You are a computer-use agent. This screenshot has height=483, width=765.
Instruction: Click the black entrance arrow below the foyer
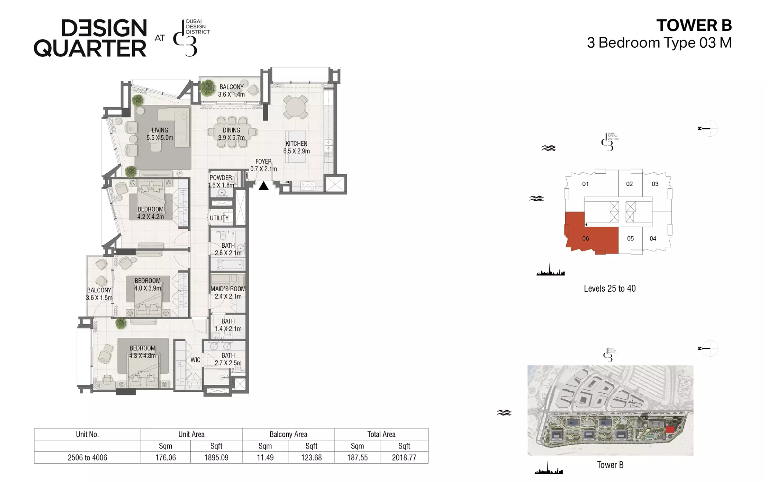tap(263, 186)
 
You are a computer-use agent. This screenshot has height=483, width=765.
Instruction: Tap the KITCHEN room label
tap(296, 144)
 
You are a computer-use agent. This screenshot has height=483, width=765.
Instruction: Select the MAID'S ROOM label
tap(228, 289)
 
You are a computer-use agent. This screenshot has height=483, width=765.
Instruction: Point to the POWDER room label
tap(221, 178)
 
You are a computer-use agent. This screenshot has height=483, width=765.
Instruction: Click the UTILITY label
tap(219, 218)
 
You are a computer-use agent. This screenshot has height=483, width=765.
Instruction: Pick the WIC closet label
tap(195, 360)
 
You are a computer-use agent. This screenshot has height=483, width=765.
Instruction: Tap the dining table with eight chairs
tap(232, 132)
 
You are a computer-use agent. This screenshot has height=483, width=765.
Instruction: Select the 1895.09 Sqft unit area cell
tap(216, 457)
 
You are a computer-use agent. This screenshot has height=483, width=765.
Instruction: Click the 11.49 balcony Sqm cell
tap(265, 457)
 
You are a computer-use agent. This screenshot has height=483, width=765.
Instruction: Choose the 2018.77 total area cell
tap(404, 457)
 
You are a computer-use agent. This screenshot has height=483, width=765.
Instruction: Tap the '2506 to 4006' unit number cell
tap(87, 457)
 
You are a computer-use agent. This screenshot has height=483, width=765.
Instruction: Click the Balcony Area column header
tap(288, 434)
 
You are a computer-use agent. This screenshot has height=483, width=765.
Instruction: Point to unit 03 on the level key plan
tap(655, 184)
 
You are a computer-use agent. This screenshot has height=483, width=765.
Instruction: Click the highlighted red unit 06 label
tap(585, 239)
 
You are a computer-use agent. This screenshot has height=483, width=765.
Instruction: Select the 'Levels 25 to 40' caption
tap(610, 288)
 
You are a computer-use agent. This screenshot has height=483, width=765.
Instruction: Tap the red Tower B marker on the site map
tap(670, 429)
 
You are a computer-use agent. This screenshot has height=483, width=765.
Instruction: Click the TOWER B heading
tap(694, 25)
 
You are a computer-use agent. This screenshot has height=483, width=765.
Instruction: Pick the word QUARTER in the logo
tap(90, 48)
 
